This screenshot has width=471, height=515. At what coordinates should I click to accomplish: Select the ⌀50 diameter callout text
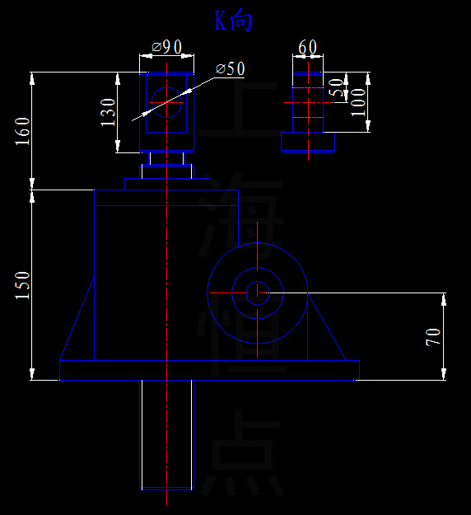tap(231, 68)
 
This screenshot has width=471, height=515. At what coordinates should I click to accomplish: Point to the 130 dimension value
tap(108, 112)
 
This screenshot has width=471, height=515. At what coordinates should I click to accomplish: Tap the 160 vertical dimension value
tap(22, 131)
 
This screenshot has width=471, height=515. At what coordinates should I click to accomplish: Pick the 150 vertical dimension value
tap(22, 285)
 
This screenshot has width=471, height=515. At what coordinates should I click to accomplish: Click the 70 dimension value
tap(433, 336)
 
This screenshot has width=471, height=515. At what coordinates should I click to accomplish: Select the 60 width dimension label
tap(307, 47)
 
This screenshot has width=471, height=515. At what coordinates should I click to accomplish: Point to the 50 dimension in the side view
tap(336, 88)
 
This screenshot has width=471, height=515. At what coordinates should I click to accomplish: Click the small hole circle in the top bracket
tap(167, 101)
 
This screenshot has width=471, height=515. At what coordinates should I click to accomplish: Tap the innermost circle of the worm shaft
tap(258, 291)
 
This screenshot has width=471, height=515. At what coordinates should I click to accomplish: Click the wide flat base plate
tap(209, 370)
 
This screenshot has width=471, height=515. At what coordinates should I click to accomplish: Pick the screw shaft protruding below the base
tap(167, 434)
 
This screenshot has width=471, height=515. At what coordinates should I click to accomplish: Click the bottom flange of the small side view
tap(308, 143)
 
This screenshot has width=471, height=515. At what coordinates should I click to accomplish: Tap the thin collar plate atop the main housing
tap(166, 184)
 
